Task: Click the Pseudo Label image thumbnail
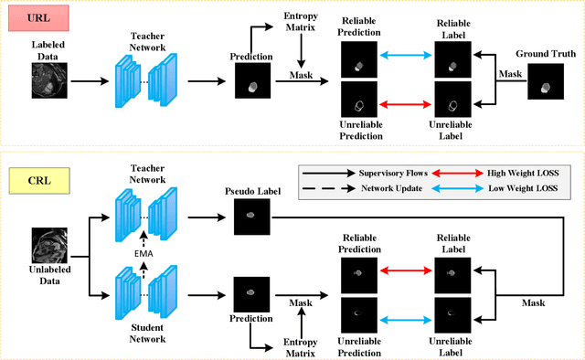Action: click(250, 217)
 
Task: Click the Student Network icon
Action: click(145, 295)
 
